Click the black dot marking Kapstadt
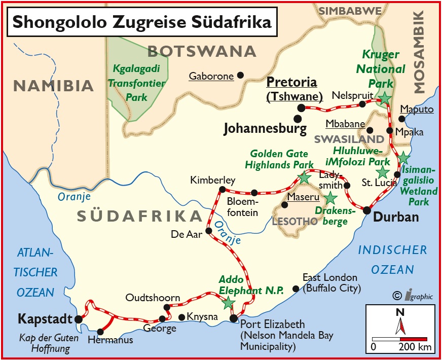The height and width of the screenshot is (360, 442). click(79, 319)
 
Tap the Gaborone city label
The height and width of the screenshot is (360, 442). click(211, 77)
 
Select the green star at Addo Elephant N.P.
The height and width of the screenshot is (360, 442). click(229, 303)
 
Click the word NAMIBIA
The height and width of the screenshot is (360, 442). click(54, 86)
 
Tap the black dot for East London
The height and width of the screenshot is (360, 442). click(296, 289)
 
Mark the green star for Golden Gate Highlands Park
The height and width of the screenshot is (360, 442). click(304, 177)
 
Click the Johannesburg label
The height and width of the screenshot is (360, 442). click(265, 128)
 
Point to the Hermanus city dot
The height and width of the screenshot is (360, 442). click(100, 332)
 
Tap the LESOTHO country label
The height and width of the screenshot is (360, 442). click(295, 222)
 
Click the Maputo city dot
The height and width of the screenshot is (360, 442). click(402, 119)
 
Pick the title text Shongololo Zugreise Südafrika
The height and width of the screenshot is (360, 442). click(141, 22)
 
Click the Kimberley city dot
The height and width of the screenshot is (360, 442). click(222, 189)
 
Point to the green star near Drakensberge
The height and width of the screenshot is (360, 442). click(330, 198)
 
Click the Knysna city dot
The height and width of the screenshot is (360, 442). click(182, 317)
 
